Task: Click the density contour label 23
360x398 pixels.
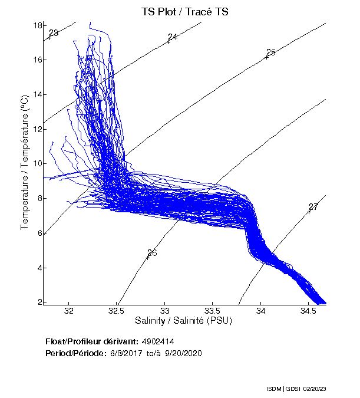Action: click(54, 33)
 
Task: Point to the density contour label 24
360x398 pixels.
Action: click(173, 37)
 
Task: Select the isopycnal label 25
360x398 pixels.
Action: click(271, 52)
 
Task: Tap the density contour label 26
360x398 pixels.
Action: click(152, 253)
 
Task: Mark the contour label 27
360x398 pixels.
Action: click(313, 207)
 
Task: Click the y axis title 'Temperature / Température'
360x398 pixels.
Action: click(25, 163)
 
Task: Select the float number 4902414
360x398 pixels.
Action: click(157, 342)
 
